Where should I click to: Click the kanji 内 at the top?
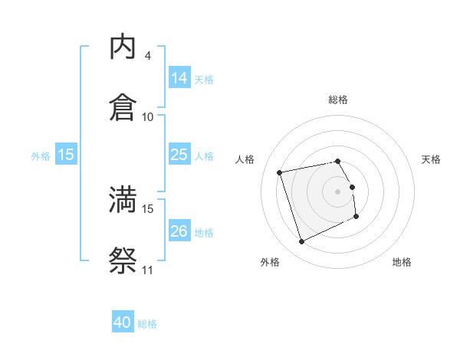pos(123,47)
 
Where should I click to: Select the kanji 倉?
pos(123,107)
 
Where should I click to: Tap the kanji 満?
pos(123,200)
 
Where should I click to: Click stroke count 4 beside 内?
pos(148,56)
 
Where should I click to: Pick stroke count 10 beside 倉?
pos(148,116)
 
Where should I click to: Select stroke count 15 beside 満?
pos(148,208)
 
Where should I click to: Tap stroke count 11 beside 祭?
pos(148,270)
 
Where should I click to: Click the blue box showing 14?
pos(179,78)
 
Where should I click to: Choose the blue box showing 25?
pos(179,155)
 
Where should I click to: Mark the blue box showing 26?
pos(179,231)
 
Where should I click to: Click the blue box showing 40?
pos(123,322)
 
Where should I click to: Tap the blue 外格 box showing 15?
pos(66,155)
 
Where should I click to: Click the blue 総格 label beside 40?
pos(147,324)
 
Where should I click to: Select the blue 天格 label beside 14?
pos(204,80)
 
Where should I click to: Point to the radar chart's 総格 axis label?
pos(338,100)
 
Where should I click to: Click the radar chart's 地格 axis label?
pos(402,262)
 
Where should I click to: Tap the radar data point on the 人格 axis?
pos(280,172)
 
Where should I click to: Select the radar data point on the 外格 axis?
pos(301,242)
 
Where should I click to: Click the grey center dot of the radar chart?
pos(338,191)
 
